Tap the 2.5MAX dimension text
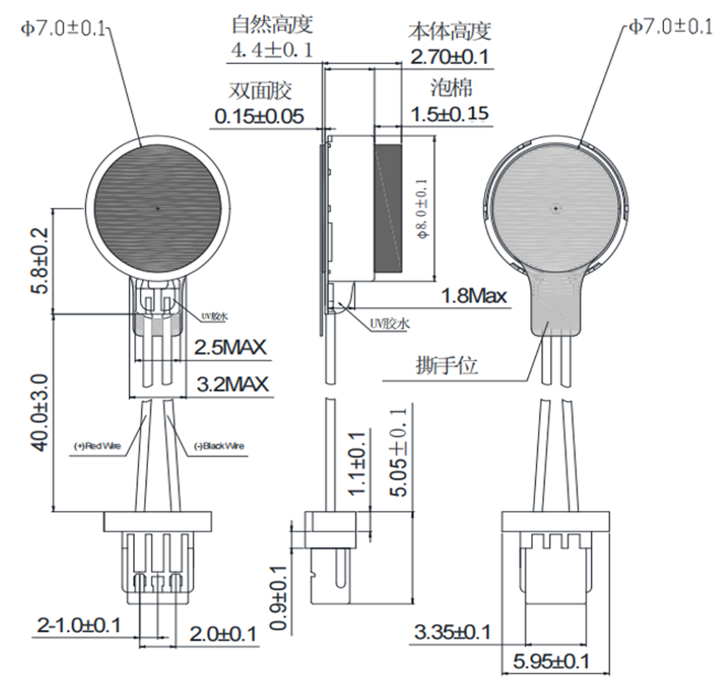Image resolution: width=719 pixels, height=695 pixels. tap(231, 348)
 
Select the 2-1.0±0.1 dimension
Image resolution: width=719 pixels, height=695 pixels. tap(79, 625)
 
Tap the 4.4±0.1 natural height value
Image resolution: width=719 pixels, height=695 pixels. tap(272, 51)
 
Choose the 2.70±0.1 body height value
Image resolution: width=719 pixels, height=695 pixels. tap(449, 57)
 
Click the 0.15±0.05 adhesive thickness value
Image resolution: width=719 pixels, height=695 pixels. tap(260, 117)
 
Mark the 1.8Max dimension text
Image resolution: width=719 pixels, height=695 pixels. tap(473, 296)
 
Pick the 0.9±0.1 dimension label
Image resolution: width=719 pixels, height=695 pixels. tap(280, 597)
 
